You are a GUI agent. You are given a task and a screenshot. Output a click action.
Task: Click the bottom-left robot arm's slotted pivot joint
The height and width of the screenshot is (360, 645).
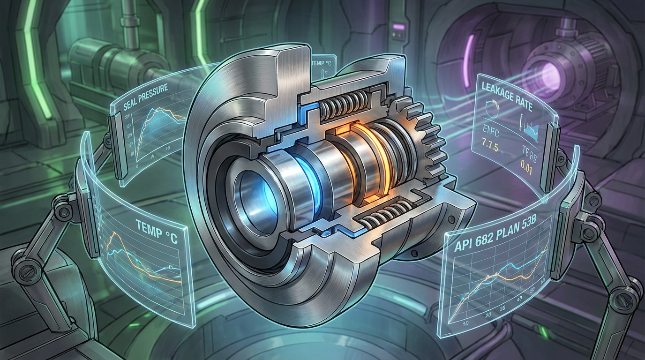coord(22,271)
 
